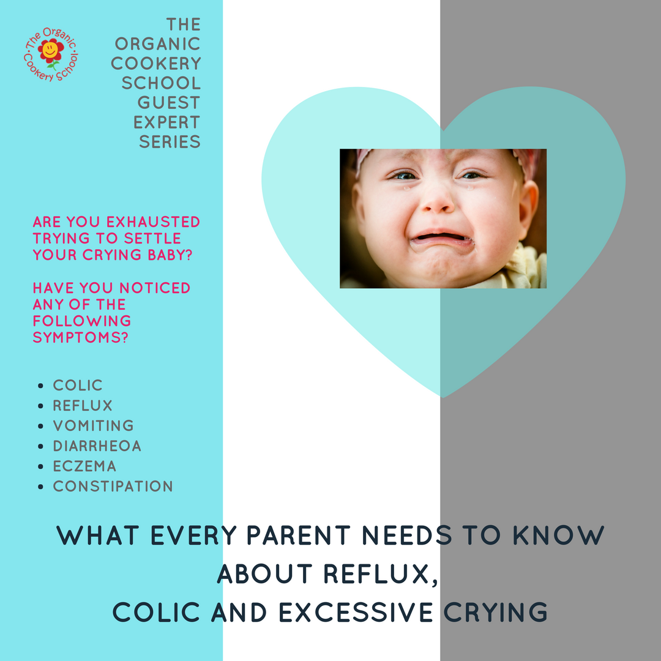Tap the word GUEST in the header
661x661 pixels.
click(169, 102)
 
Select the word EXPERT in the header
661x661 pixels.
click(167, 122)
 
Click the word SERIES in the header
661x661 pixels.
click(170, 141)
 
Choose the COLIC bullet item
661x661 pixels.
click(78, 386)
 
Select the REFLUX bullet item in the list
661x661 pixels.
click(83, 406)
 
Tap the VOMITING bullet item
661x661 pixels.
click(93, 426)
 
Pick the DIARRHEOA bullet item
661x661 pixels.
click(97, 446)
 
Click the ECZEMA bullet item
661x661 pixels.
click(84, 466)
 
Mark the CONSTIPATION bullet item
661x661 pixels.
click(113, 487)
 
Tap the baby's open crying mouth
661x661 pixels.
click(441, 237)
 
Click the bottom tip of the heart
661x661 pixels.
click(443, 395)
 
